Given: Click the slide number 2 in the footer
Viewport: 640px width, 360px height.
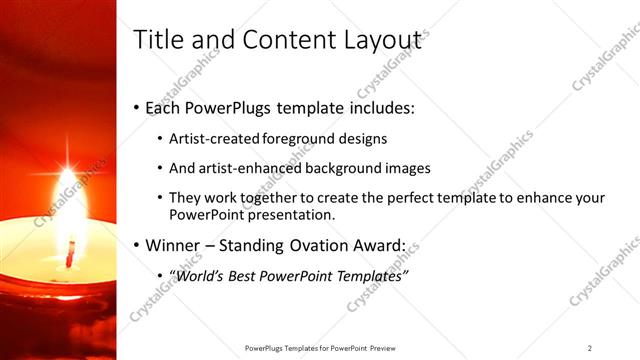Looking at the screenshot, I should pyautogui.click(x=590, y=348).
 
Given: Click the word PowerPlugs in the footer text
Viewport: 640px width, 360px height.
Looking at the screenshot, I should pyautogui.click(x=265, y=348).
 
